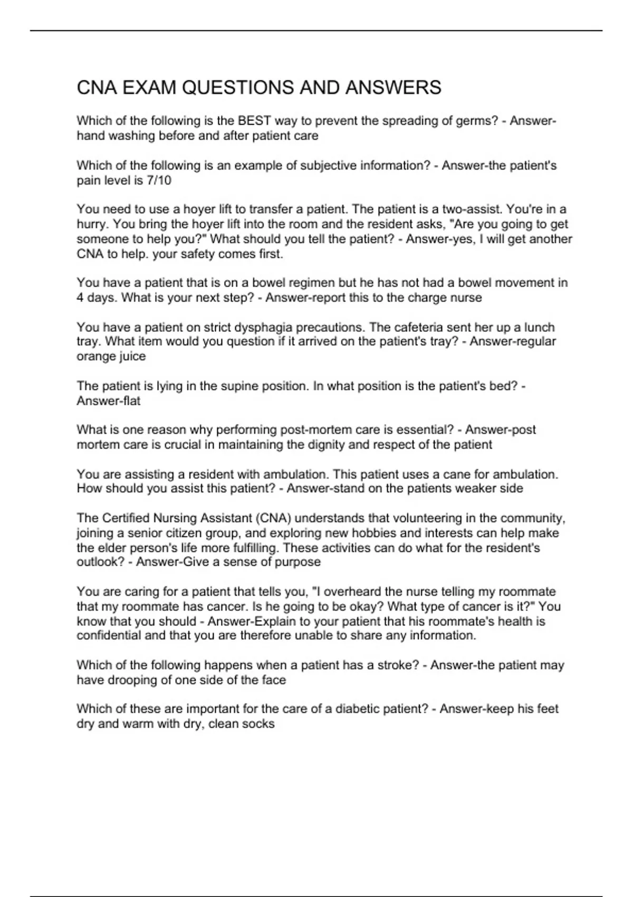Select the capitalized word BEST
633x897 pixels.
click(255, 121)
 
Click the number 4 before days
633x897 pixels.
click(80, 298)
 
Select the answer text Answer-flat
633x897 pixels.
click(109, 401)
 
